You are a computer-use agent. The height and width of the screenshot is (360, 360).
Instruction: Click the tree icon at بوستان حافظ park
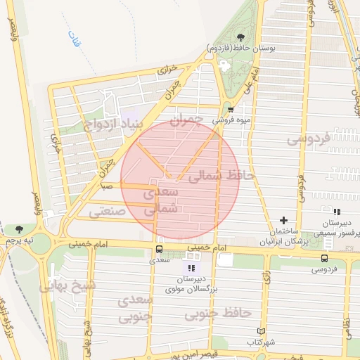point(241,37)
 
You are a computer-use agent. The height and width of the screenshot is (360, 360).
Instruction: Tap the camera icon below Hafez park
point(224,65)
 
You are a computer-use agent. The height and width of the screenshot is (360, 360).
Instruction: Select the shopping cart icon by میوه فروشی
point(231,109)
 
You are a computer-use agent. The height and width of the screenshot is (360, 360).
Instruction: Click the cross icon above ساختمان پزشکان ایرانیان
point(283,221)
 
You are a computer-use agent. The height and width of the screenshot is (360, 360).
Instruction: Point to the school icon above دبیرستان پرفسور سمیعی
point(337,211)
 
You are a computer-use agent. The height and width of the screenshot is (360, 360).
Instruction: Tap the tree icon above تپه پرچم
point(19,229)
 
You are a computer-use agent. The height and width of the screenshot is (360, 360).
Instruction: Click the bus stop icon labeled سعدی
point(158,249)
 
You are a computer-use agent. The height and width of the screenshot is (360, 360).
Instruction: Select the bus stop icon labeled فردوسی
point(324,258)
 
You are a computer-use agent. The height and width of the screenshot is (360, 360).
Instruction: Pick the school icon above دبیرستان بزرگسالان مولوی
point(191,267)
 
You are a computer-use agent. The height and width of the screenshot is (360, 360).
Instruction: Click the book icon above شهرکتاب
point(262,330)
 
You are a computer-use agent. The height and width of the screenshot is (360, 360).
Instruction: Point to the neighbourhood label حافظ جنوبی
point(218,313)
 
